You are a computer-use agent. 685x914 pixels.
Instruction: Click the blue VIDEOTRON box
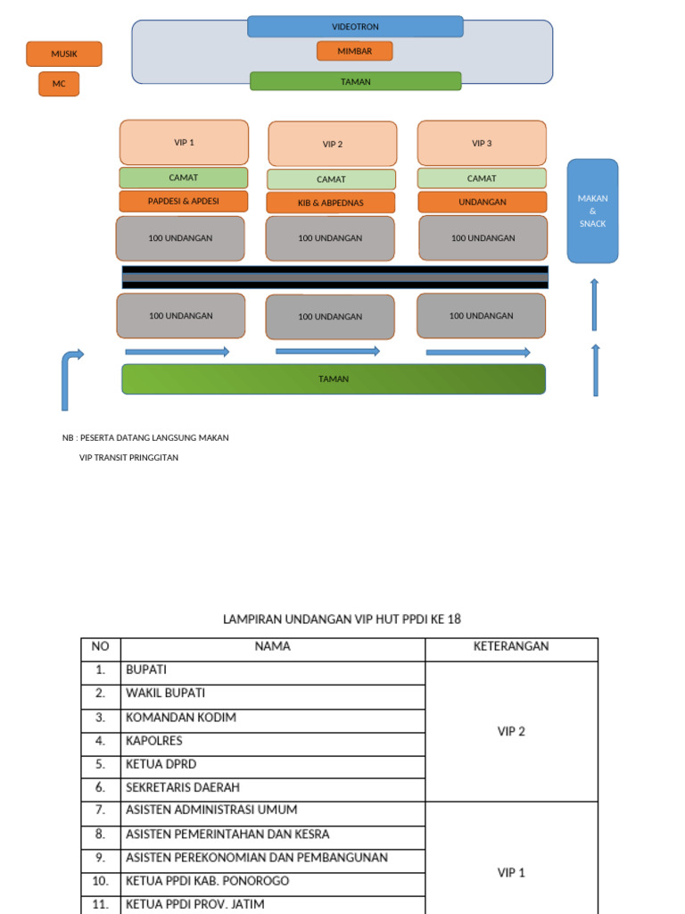tap(355, 27)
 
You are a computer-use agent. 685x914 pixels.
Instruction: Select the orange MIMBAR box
tap(354, 51)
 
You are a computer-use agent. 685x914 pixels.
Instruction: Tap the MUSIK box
tap(64, 54)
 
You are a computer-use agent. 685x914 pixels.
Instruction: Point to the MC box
tap(59, 84)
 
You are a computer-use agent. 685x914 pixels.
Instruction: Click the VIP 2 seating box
tap(333, 144)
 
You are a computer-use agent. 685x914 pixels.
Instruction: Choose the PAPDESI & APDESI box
tap(184, 201)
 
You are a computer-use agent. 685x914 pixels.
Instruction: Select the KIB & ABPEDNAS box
tap(331, 203)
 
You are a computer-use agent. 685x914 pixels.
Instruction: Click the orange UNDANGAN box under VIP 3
tap(482, 202)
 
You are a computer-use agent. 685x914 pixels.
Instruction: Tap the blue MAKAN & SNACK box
tap(592, 211)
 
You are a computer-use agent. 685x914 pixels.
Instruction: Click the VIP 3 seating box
tap(482, 143)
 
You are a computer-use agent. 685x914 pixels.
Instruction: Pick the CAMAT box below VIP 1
tap(184, 178)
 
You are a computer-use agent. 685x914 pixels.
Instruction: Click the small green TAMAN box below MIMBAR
tap(355, 81)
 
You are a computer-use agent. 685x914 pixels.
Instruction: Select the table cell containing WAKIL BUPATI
tap(272, 693)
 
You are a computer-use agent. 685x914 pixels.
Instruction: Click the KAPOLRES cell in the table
tap(272, 740)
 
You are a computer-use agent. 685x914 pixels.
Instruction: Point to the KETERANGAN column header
tap(511, 646)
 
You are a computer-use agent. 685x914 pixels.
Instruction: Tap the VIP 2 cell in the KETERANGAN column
tap(511, 731)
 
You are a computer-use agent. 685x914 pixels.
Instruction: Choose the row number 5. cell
tap(101, 764)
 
